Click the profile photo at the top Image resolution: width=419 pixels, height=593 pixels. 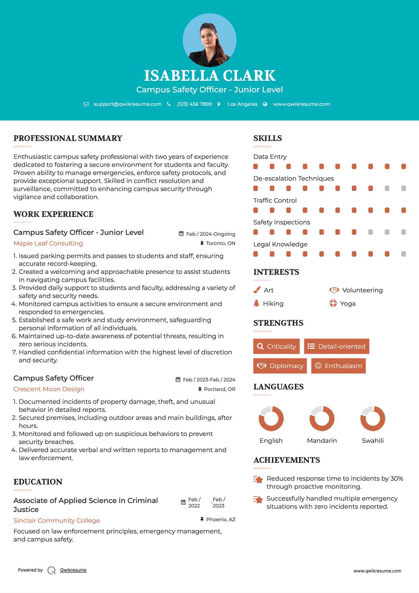point(209,40)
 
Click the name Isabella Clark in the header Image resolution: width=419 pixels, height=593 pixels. point(209,76)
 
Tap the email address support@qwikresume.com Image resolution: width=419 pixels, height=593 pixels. point(127,104)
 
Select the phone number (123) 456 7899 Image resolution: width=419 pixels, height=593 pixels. point(194,104)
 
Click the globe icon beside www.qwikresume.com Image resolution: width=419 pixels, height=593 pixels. point(265,104)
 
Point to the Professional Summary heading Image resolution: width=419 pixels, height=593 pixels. point(68,138)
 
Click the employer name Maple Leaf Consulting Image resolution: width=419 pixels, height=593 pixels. point(48,243)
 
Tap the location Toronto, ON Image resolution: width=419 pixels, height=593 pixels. point(220,243)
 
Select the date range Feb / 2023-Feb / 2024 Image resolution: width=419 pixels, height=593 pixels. point(209,380)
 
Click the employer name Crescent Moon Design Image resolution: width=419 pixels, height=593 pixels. point(49,389)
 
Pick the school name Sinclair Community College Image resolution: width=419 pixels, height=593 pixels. point(57,521)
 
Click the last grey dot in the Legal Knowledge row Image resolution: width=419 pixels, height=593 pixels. point(404,254)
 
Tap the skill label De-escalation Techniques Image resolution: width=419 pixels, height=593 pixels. point(293,178)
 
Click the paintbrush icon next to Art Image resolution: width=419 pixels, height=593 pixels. point(257,290)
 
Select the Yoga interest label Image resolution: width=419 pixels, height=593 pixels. point(348,304)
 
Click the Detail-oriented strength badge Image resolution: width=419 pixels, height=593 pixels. point(337,346)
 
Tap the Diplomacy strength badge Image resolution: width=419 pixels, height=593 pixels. point(280,366)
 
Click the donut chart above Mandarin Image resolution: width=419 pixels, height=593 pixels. point(322,418)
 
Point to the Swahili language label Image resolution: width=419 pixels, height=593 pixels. point(373,441)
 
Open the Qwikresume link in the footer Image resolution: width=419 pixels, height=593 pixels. point(73,570)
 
